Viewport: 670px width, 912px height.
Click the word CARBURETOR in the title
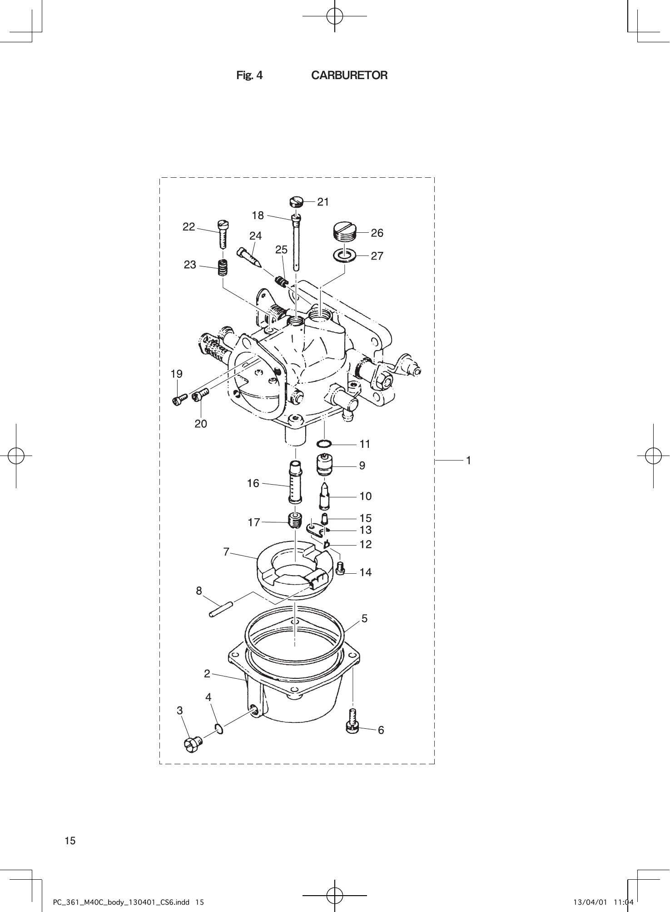pos(349,75)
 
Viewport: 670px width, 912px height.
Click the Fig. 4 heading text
pos(249,75)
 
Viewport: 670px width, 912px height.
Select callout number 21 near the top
pos(323,202)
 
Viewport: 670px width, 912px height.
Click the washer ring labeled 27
pos(344,256)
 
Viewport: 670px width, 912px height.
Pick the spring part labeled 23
pos(223,267)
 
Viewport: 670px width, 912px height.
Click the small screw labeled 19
pos(179,399)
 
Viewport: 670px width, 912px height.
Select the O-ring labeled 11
pos(324,443)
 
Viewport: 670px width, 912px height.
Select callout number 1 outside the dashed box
pos(468,461)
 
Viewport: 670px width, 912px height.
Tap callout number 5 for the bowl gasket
pos(364,619)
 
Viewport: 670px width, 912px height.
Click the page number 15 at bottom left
pos(70,841)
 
